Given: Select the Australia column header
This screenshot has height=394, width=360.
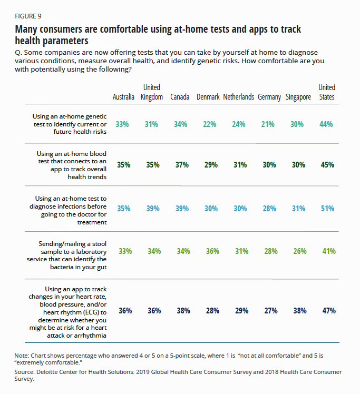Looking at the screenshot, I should click(x=124, y=97).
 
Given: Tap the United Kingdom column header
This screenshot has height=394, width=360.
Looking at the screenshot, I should click(x=152, y=92).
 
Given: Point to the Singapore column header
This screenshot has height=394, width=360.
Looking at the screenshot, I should click(x=298, y=97).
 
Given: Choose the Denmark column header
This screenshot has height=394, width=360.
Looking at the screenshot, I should click(x=209, y=97).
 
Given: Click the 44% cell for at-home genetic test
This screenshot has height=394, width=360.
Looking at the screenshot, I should click(x=327, y=124).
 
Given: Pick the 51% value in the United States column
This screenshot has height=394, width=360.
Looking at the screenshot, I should click(x=327, y=209).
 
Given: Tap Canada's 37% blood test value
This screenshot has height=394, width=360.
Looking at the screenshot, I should click(x=182, y=165).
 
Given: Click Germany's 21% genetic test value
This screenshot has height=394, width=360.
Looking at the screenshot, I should click(x=269, y=124).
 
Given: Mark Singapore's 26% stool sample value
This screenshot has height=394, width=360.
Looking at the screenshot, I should click(x=299, y=251).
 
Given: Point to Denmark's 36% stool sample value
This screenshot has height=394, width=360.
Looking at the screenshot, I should click(x=211, y=251).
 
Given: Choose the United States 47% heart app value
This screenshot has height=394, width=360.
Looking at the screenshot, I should click(x=328, y=311).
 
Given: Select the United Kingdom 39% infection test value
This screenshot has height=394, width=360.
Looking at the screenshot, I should click(x=153, y=209).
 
